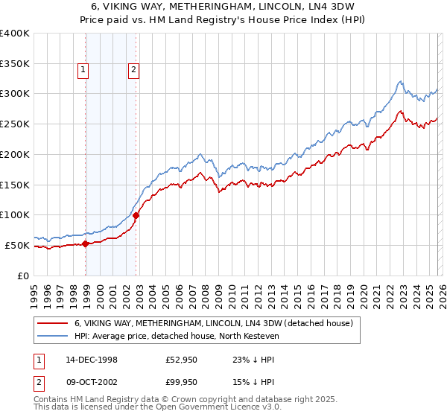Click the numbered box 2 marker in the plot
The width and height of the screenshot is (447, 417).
click(133, 71)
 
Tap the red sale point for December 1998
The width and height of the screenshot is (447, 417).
click(86, 243)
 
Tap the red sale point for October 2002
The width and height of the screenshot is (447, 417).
click(136, 215)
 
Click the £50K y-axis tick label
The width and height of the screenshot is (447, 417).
click(17, 245)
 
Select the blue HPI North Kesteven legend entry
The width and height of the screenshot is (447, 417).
click(176, 336)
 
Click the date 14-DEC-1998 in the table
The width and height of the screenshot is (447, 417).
click(92, 359)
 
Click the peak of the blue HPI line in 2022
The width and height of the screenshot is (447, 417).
click(400, 81)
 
